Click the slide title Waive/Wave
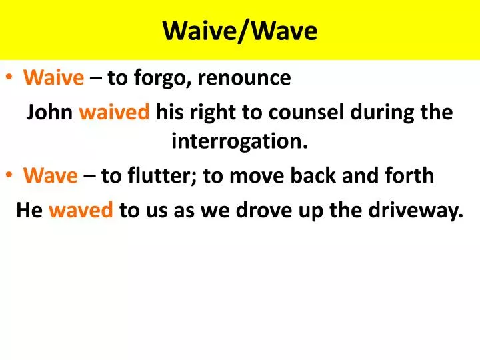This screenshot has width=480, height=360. tap(240, 31)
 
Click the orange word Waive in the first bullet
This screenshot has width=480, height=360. tap(54, 79)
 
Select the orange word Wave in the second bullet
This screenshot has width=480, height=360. tap(51, 176)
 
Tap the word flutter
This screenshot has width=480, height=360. tap(169, 176)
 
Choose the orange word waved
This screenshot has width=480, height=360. tap(81, 211)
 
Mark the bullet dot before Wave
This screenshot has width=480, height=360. tap(13, 177)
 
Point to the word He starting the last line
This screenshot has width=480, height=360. tap(29, 211)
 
